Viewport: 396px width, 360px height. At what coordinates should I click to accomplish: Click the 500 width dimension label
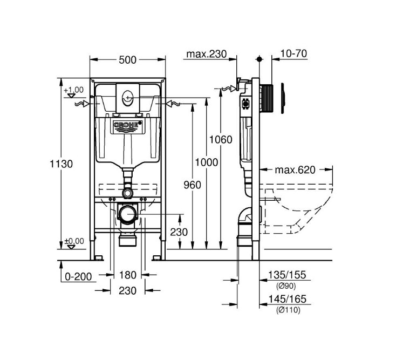[127, 60]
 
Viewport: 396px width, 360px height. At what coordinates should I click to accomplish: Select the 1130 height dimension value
[61, 164]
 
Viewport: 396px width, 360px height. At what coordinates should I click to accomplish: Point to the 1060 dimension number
[221, 140]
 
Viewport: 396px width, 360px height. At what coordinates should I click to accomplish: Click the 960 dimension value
[192, 185]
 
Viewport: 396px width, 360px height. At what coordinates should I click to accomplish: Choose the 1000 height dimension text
[206, 162]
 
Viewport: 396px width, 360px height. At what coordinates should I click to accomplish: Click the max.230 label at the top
[206, 54]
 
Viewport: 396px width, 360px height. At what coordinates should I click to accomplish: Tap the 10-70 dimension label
[293, 53]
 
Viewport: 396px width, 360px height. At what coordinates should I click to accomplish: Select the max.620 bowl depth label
[295, 170]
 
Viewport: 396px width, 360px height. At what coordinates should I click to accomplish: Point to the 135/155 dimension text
[287, 275]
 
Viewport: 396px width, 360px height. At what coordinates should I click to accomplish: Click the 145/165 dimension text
[287, 299]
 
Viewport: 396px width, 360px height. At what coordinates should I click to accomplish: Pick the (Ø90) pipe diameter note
[285, 286]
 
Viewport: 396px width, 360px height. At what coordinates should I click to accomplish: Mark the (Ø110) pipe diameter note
[288, 310]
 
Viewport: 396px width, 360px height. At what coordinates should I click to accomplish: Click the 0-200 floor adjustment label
[78, 277]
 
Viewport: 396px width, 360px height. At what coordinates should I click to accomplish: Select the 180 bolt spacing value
[127, 275]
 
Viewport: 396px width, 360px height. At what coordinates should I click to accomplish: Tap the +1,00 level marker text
[74, 90]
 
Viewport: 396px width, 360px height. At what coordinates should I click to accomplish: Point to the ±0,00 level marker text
[74, 241]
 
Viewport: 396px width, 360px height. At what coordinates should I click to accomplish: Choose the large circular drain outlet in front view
[128, 214]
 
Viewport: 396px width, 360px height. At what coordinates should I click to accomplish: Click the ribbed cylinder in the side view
[266, 98]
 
